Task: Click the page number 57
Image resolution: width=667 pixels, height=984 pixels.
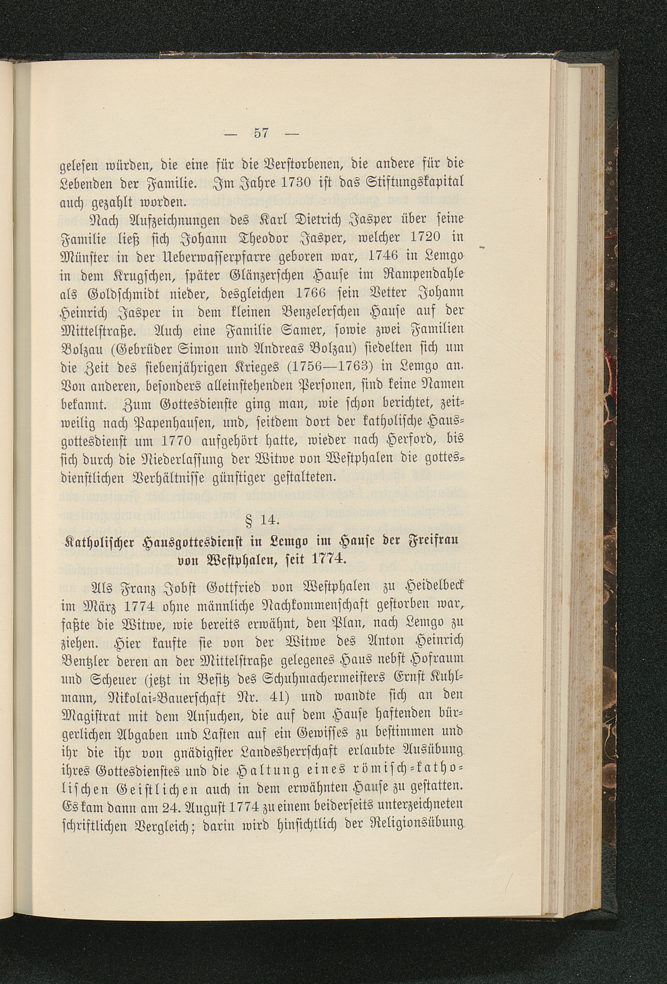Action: (261, 133)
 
